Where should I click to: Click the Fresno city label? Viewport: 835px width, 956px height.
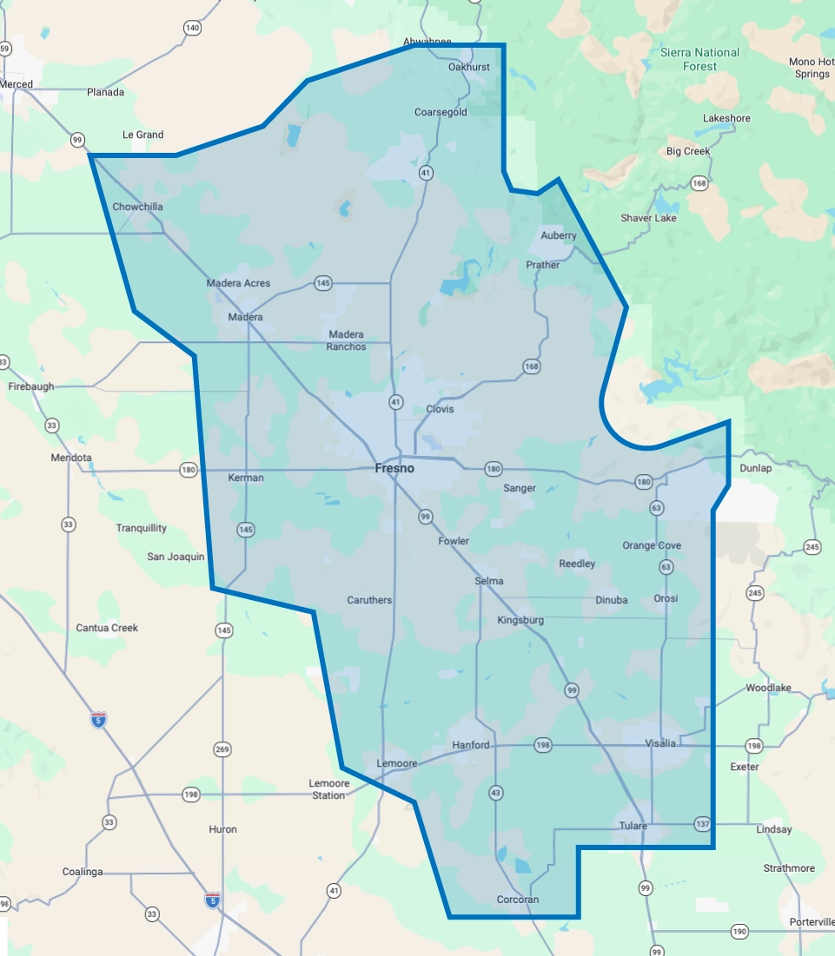pos(394,468)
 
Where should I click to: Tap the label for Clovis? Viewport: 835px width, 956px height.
pos(440,409)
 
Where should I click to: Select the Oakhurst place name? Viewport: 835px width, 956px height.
pos(469,67)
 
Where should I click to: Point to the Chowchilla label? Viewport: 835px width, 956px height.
pos(137,207)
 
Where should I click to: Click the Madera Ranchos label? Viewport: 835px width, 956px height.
pos(346,340)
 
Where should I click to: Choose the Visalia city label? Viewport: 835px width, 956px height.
pos(660,743)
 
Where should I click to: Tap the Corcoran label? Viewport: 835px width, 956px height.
pos(517,900)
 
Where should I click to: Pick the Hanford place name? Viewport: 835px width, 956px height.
pos(470,745)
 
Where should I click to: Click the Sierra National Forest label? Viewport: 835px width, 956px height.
pos(699,59)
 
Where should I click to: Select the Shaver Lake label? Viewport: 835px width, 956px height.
pos(648,218)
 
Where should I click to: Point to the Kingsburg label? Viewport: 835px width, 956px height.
pos(520,620)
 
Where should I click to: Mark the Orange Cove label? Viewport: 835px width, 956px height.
pos(652,545)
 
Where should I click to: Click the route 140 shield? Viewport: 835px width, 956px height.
pos(192,28)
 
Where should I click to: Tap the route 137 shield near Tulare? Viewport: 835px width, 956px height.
pos(703,822)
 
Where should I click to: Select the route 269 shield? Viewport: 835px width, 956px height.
pos(222,748)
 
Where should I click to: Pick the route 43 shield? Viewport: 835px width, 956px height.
pos(496,792)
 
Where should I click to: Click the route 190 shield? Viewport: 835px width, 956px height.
pos(739,932)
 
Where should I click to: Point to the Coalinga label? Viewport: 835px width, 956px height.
pos(83,872)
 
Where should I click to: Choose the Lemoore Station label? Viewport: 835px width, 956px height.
pos(328,789)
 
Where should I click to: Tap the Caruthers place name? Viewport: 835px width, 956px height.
pos(369,600)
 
